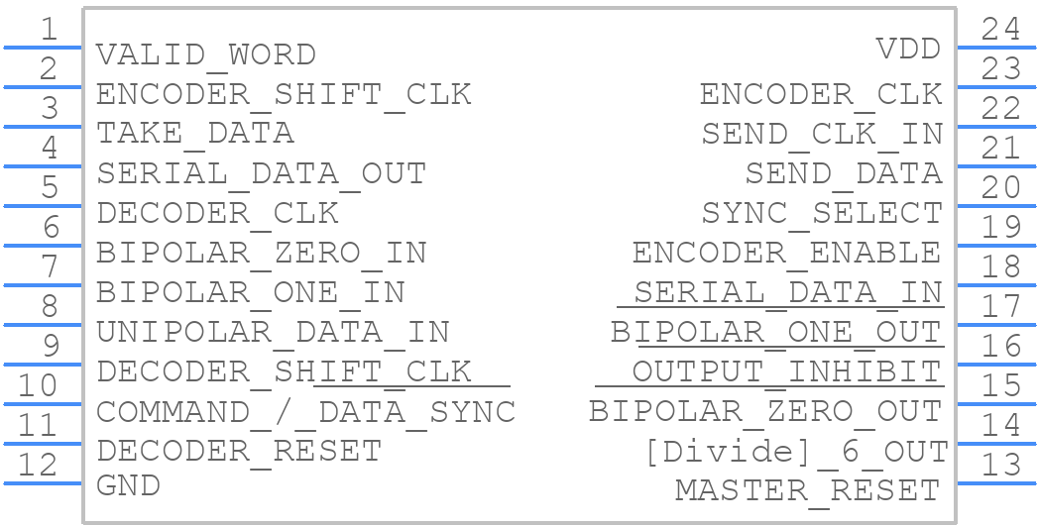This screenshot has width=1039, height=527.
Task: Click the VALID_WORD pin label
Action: [206, 54]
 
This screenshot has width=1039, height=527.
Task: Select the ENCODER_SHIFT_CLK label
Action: [284, 95]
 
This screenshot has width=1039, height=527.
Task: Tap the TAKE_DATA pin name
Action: [194, 134]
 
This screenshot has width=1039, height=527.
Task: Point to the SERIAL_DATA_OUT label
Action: [261, 173]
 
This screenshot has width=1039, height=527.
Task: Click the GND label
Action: [129, 486]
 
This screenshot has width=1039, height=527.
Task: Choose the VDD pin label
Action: [908, 49]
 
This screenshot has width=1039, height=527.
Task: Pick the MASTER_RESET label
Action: [808, 491]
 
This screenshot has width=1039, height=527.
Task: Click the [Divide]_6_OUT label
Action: [796, 452]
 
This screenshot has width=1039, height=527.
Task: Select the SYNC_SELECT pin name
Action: [822, 213]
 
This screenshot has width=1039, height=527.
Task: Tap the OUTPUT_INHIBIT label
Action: [786, 372]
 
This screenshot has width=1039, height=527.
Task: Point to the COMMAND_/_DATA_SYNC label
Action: [305, 412]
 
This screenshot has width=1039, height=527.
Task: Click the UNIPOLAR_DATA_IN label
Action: [273, 333]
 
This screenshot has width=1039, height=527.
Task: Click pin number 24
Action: [1000, 30]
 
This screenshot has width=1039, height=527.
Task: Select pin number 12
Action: [37, 466]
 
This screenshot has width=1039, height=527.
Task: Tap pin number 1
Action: [49, 30]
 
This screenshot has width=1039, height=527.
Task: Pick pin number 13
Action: [1000, 466]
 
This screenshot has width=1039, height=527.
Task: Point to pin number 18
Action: [1000, 267]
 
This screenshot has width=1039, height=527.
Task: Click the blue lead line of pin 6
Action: [43, 246]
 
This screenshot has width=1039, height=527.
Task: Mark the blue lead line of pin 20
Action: [996, 206]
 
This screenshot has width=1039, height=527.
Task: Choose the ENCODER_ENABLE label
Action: [786, 253]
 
